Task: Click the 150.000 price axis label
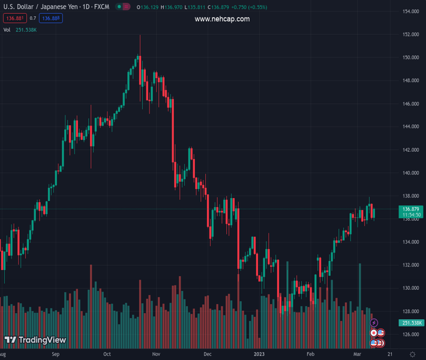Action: tap(410, 58)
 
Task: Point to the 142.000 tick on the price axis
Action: tap(410, 150)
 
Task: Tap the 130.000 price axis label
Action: tap(410, 288)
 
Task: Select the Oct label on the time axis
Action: tap(107, 355)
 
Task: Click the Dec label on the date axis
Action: tap(207, 355)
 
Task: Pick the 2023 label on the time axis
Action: tap(259, 355)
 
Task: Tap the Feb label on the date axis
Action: tap(310, 355)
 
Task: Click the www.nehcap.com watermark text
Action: tap(222, 19)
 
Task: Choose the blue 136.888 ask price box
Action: tap(52, 19)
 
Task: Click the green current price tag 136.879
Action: tap(410, 209)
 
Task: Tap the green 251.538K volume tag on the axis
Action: tap(410, 323)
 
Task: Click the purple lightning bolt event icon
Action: tap(374, 323)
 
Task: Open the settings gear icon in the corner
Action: tap(412, 355)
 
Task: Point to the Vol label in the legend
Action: tap(7, 29)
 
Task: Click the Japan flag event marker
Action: tap(374, 332)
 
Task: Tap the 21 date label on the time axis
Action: tap(390, 355)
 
